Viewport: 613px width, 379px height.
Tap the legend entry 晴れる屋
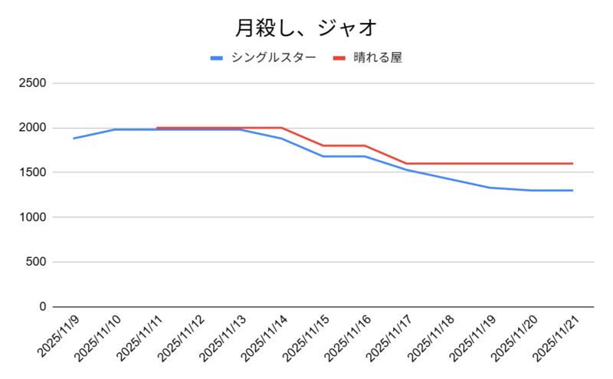tap(378, 57)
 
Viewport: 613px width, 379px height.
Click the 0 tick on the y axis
tap(42, 307)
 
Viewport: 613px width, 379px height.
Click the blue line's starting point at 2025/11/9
tap(74, 139)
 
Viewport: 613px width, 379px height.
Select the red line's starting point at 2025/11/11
tap(156, 128)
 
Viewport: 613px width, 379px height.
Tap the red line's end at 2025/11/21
tap(572, 163)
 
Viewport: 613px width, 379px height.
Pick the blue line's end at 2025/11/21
tap(572, 191)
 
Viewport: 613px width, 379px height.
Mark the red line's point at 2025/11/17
tap(406, 163)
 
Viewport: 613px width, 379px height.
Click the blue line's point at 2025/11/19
tap(490, 188)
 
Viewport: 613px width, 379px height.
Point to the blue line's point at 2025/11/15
tap(323, 156)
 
